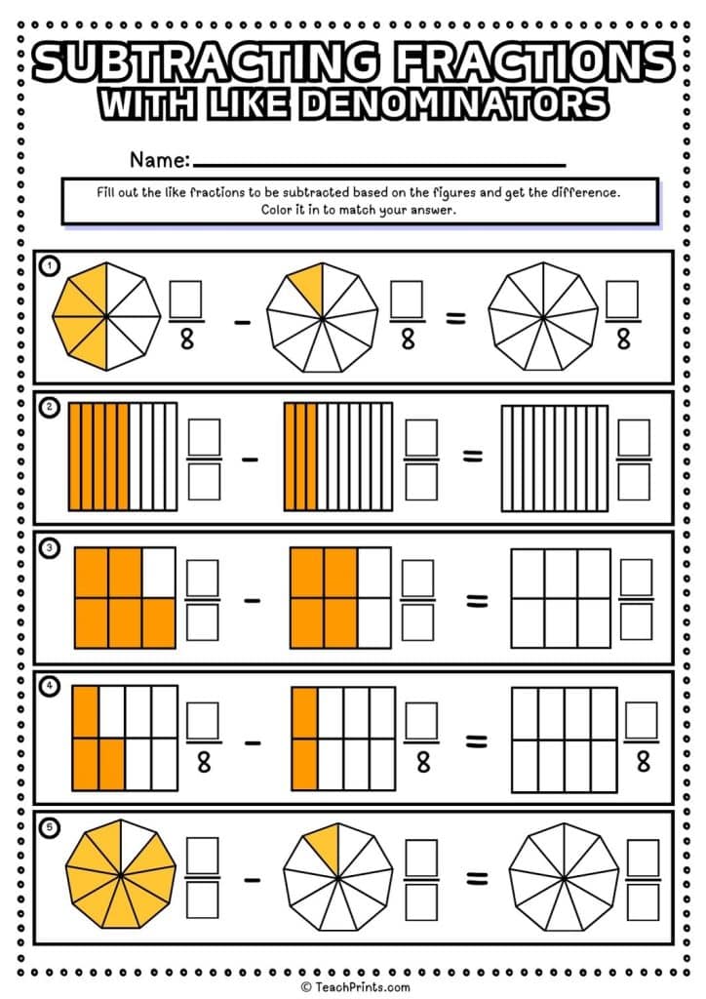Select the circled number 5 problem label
coord(47,828)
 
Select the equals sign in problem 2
coord(472,457)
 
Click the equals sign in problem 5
coord(477,880)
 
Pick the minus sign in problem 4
coord(252,741)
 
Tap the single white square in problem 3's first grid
coord(159,571)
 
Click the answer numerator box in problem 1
coord(622,299)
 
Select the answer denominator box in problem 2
coord(633,480)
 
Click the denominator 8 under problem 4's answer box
coord(643,762)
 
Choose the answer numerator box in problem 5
coord(644,858)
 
